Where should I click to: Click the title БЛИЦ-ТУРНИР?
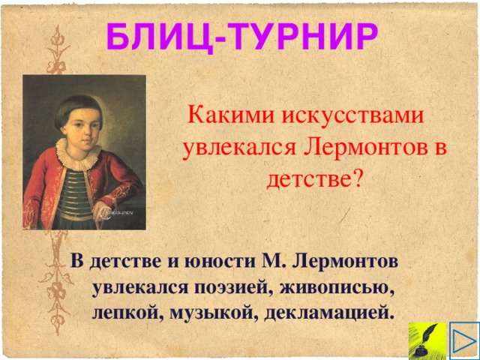[x=240, y=35]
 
